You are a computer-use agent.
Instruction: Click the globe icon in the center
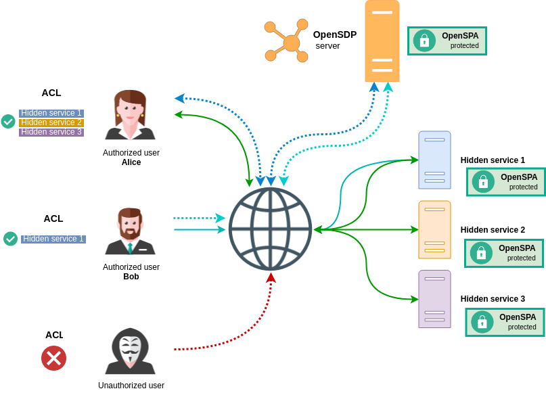point(270,229)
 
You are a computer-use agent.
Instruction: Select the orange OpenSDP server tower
point(382,41)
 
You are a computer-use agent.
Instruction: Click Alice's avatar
point(130,115)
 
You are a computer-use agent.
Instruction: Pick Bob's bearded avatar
point(130,231)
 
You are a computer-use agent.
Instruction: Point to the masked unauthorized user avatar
point(130,351)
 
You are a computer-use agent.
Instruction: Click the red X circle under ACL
point(53,358)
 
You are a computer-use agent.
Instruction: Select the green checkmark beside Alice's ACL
point(8,121)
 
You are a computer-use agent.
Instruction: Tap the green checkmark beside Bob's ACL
point(10,239)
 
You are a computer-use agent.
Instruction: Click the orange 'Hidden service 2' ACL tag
point(51,122)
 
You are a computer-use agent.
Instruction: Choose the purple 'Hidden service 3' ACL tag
point(51,132)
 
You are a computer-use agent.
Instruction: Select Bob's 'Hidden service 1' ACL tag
point(53,239)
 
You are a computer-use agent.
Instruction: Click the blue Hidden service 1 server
point(434,160)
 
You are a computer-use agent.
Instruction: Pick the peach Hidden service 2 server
point(434,229)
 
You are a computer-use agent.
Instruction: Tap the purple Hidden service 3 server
point(434,299)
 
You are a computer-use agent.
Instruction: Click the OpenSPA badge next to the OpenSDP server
point(447,41)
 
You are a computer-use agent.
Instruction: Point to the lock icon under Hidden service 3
point(482,322)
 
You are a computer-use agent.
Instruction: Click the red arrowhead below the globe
point(271,277)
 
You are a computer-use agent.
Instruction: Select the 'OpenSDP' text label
point(334,34)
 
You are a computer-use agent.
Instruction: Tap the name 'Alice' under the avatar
point(131,162)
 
